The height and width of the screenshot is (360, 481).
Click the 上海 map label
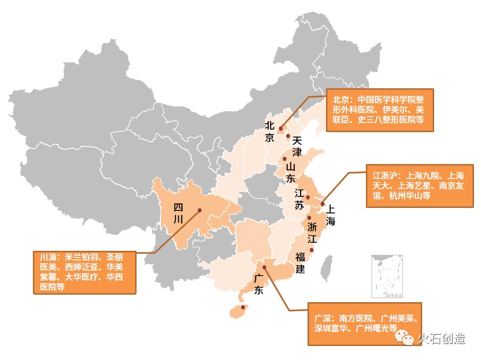point(330,215)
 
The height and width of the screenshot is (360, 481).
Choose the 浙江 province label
point(313,232)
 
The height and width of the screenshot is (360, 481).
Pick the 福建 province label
point(300,263)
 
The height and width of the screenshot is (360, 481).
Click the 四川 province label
point(178,213)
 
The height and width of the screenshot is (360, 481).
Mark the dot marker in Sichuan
point(199,210)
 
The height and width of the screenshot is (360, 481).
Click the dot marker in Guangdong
point(264,267)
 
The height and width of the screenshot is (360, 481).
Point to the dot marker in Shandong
point(284,159)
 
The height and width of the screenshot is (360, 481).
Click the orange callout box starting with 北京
point(379,110)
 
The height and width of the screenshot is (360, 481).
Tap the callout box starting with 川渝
point(85,272)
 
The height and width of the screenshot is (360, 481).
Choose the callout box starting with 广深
point(364,324)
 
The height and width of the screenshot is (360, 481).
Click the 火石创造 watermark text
point(441,339)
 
